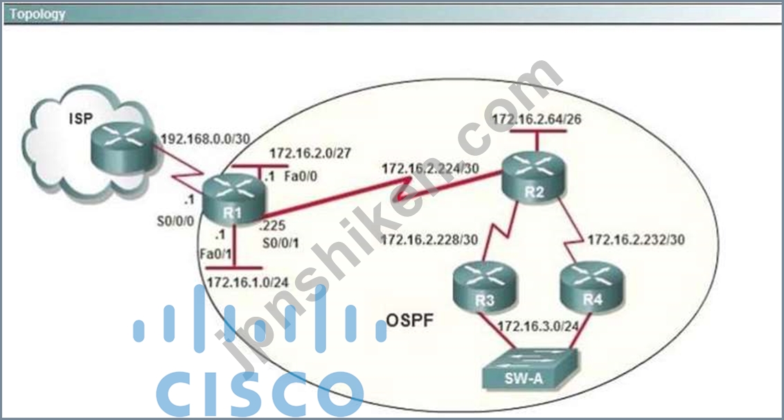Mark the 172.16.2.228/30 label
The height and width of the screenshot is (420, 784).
(x=429, y=240)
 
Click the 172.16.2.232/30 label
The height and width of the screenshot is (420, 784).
(x=636, y=240)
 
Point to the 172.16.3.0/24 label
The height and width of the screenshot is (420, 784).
(x=538, y=326)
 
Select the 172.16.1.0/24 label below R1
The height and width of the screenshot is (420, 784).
(x=247, y=282)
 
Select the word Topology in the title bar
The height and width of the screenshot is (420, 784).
(x=37, y=14)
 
